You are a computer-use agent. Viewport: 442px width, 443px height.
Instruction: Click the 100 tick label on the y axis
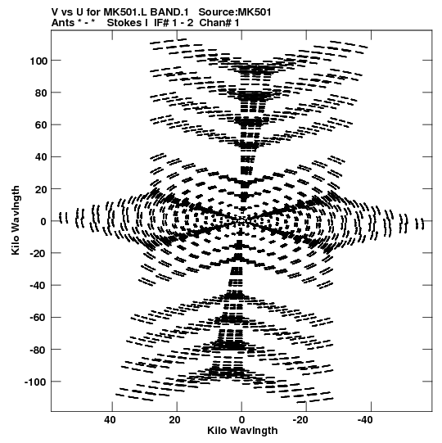point(38,61)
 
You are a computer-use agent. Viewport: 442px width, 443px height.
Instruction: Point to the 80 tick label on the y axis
point(41,93)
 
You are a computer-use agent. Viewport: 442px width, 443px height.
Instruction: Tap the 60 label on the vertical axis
point(41,125)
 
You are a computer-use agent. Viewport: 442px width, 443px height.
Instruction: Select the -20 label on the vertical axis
point(38,253)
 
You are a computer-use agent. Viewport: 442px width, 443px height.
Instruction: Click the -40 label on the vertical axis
point(38,286)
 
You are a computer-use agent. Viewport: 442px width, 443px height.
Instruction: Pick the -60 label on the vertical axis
point(38,318)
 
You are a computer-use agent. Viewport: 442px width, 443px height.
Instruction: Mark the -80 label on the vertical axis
point(38,350)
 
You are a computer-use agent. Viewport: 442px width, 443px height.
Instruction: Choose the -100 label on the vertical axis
point(36,382)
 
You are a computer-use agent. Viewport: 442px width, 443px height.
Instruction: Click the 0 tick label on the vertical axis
point(43,221)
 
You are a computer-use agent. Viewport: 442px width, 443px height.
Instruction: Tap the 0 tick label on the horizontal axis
point(241,420)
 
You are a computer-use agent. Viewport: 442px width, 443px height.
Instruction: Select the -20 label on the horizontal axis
point(300,420)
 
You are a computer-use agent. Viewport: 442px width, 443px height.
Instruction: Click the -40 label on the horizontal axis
point(365,420)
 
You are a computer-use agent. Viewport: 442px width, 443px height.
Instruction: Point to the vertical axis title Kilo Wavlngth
point(16,220)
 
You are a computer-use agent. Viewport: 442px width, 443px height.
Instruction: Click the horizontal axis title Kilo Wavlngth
point(242,431)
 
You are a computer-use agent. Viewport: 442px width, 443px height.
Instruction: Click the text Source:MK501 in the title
point(235,12)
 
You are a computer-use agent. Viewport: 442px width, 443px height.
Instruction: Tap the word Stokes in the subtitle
point(124,23)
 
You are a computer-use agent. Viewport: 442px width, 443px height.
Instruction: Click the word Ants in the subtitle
point(63,23)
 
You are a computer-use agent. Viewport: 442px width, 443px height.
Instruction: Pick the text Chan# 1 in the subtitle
point(219,23)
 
